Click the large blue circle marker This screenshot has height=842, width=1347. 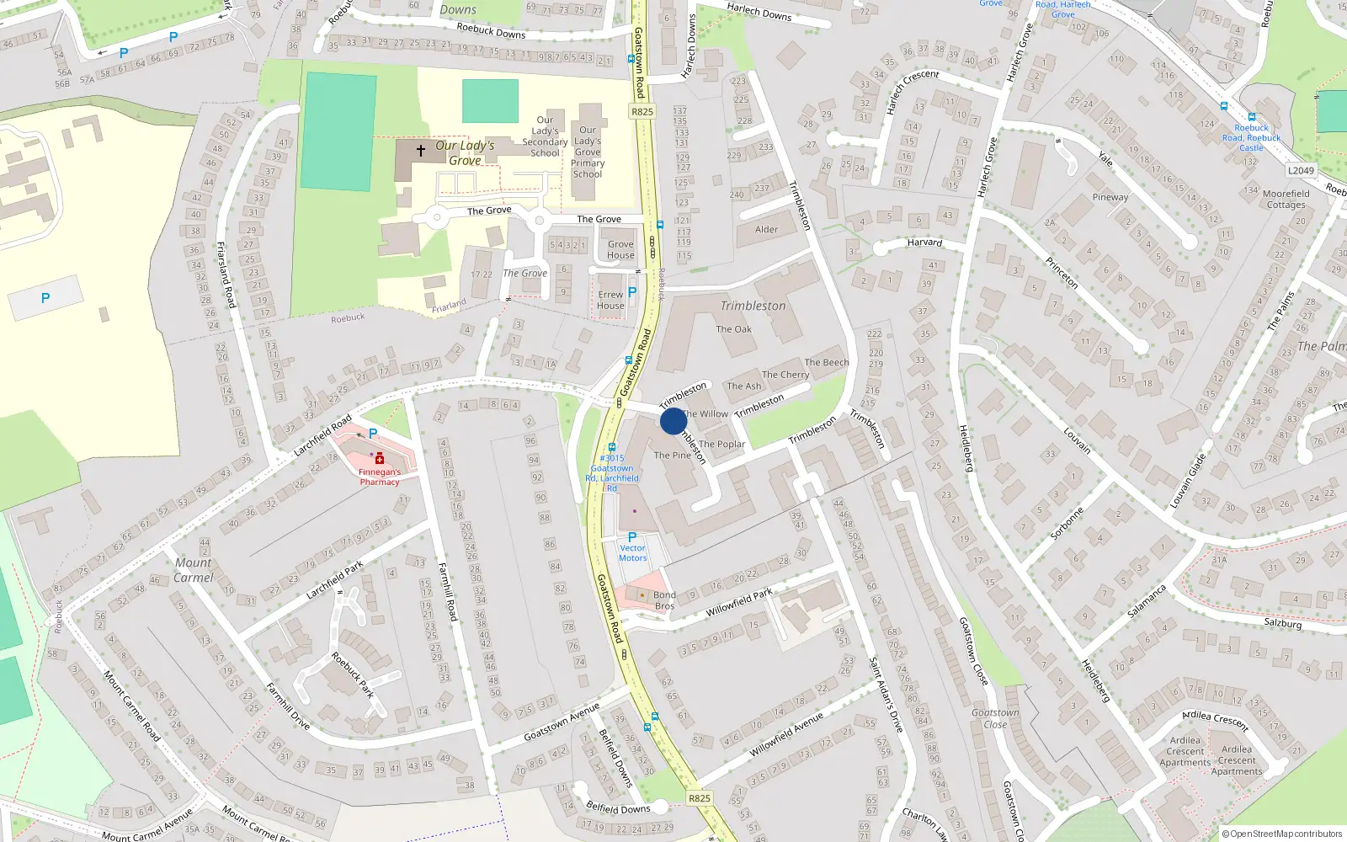pos(673,421)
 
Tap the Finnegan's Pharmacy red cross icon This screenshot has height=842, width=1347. pos(380,459)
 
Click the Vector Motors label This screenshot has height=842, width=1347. pos(632,553)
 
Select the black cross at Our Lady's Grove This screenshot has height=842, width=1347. pos(421,151)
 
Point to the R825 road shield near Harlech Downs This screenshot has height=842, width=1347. pos(642,111)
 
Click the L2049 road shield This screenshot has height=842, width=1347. pos(1301,170)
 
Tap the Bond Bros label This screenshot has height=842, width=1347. pos(664,600)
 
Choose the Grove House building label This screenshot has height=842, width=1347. pos(620,249)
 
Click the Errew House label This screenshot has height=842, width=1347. pos(610,300)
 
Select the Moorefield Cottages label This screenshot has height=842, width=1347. pos(1286,199)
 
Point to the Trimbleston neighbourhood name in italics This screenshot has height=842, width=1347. pos(753,306)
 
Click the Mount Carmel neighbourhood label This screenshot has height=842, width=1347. pos(194,570)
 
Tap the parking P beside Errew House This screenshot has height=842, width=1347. pos(632,291)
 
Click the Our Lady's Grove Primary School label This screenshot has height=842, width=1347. pos(588,152)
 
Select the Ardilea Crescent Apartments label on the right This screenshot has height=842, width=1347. pos(1237,760)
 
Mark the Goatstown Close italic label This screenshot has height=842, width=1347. pos(995,718)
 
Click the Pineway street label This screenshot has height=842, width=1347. pos(1110,197)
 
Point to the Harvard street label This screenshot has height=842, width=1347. pos(924,242)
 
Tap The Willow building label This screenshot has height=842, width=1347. pos(705,413)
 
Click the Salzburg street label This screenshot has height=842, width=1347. pos(1282,623)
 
